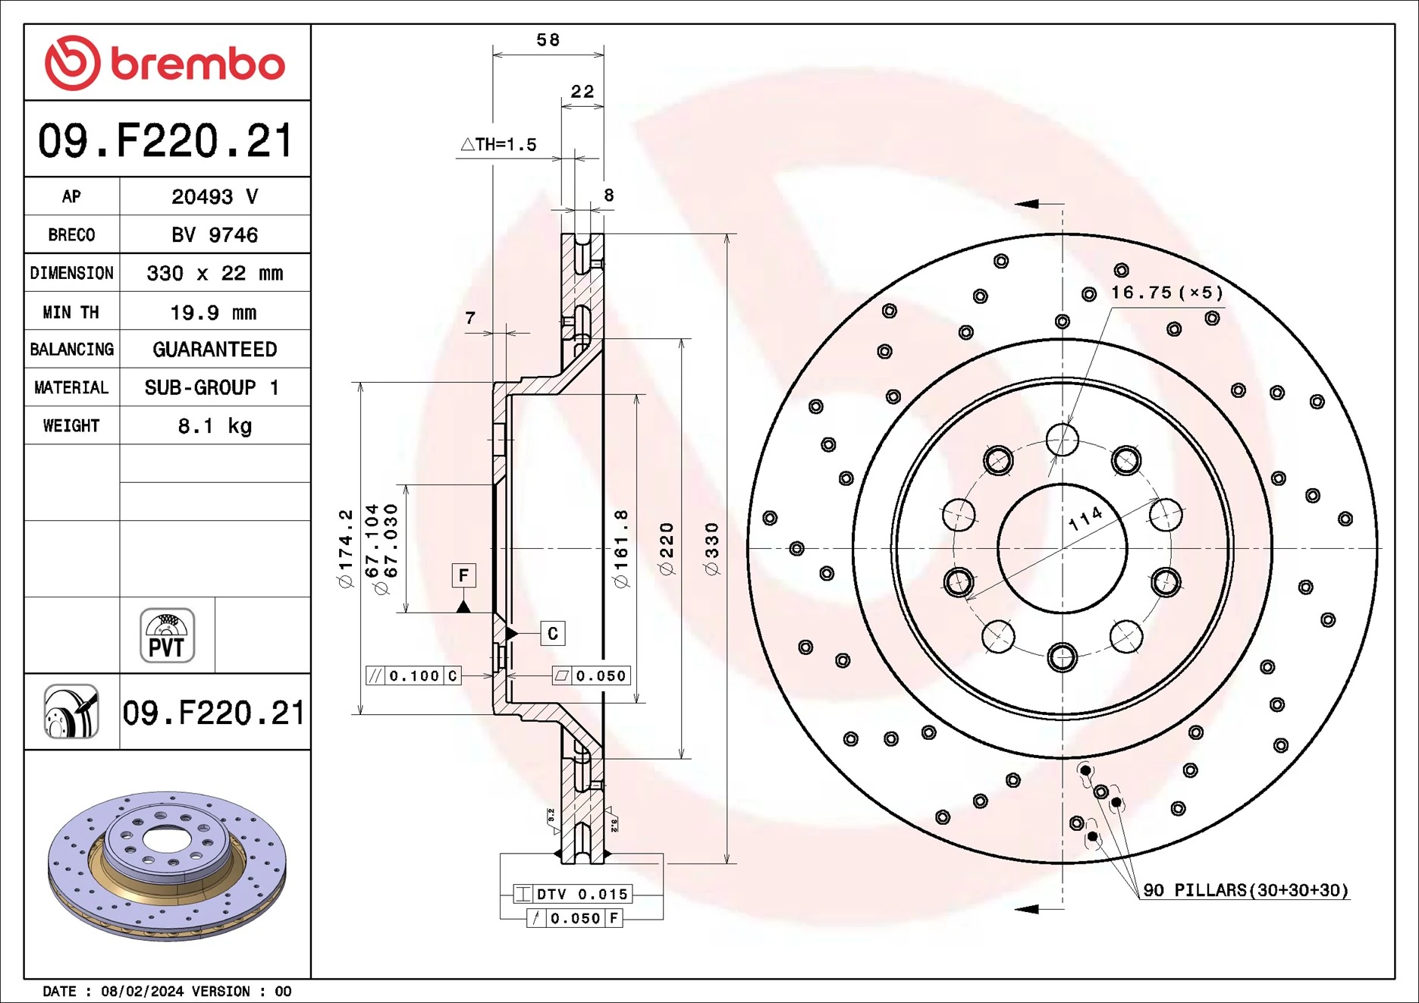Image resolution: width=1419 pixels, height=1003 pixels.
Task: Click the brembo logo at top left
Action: click(165, 63)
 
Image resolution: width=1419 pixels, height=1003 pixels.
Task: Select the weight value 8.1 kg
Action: click(215, 426)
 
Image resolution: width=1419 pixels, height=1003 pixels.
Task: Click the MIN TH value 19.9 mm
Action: click(213, 312)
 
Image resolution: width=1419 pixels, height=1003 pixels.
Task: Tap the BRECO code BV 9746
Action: click(215, 235)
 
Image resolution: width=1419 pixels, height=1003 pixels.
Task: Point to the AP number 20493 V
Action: click(215, 197)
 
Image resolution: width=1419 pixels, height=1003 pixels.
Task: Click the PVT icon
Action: click(167, 635)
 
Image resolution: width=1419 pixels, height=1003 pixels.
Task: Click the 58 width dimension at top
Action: click(548, 39)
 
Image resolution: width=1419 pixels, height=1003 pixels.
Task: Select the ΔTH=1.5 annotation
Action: click(498, 144)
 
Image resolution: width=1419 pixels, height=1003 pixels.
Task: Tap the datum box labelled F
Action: click(463, 575)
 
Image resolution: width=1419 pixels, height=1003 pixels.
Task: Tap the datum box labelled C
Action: click(552, 633)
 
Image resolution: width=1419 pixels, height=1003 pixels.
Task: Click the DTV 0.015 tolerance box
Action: click(573, 894)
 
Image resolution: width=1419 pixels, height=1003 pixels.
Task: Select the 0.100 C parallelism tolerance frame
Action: click(413, 675)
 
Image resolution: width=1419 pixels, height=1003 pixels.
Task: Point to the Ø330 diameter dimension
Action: click(711, 548)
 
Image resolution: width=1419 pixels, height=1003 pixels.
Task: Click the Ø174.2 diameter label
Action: click(346, 548)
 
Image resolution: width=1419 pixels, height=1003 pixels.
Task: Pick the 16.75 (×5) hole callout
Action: click(1166, 293)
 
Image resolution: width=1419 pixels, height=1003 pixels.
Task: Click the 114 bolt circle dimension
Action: click(1085, 519)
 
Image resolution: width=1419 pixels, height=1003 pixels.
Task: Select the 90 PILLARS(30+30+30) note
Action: click(1245, 890)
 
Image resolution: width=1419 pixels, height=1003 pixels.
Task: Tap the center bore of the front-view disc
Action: click(1062, 548)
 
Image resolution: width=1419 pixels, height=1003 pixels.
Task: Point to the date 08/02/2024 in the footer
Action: click(142, 991)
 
